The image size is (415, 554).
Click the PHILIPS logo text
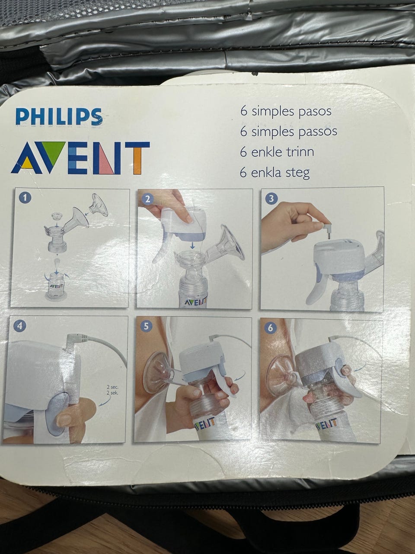(59, 116)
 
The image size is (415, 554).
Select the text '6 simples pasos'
(286, 111)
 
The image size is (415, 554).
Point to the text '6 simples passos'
(288, 132)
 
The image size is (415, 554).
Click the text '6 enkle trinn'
(277, 152)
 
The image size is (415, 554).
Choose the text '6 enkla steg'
(275, 173)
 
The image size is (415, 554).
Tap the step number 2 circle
(148, 199)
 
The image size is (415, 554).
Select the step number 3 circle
(271, 199)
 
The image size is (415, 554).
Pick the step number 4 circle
(21, 326)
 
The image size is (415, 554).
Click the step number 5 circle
(147, 327)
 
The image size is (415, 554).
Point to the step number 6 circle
(270, 328)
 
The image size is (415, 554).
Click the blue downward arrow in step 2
(192, 245)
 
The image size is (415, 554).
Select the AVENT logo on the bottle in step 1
(57, 286)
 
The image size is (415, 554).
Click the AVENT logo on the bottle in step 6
(326, 424)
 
